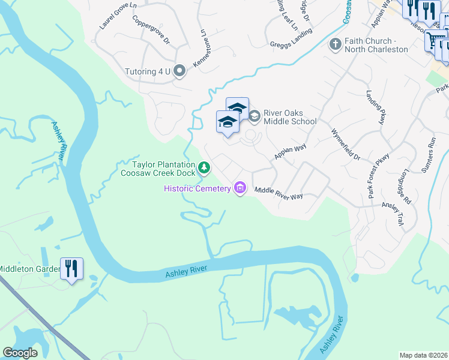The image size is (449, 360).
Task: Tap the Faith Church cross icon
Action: [335, 44]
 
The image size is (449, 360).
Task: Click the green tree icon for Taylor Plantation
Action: [204, 167]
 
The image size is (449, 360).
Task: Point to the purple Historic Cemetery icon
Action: [241, 188]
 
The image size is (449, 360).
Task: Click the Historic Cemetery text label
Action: [197, 189]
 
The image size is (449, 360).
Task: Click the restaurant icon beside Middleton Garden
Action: [71, 268]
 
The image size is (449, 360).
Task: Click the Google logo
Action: [20, 353]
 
